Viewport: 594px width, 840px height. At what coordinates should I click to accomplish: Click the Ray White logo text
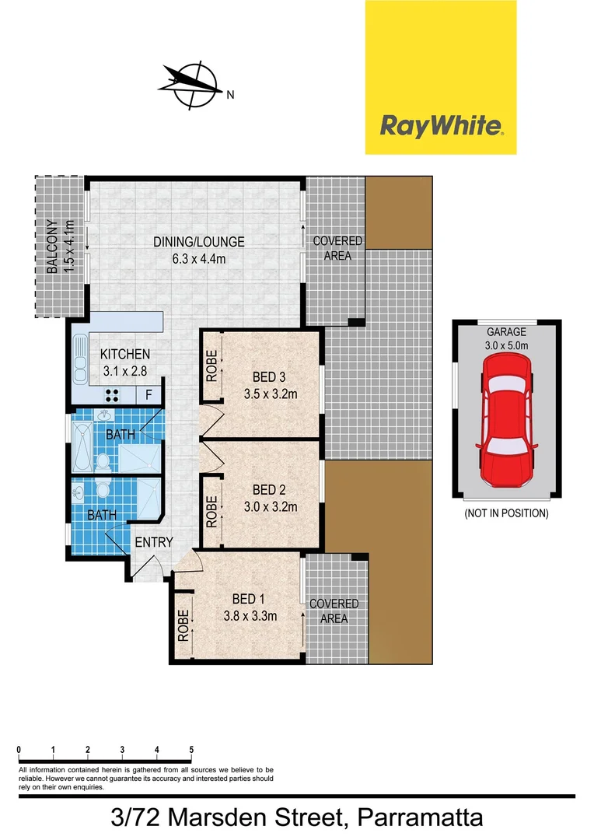pyautogui.click(x=441, y=126)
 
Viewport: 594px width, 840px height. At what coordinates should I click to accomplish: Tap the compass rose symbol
pyautogui.click(x=194, y=83)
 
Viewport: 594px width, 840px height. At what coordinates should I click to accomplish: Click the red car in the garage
pyautogui.click(x=506, y=420)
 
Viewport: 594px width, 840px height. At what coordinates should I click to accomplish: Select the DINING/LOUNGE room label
pyautogui.click(x=199, y=242)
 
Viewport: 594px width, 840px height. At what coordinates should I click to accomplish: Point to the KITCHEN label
pyautogui.click(x=125, y=354)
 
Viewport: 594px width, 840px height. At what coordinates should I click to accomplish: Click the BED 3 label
pyautogui.click(x=264, y=379)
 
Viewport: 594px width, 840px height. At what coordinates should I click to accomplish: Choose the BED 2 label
pyautogui.click(x=264, y=490)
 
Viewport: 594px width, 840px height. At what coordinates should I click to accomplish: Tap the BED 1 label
pyautogui.click(x=249, y=599)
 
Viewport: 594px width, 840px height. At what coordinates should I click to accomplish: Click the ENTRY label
pyautogui.click(x=154, y=542)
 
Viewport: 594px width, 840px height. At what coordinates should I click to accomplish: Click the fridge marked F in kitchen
pyautogui.click(x=148, y=394)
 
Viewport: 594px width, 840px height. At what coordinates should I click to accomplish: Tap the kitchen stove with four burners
pyautogui.click(x=112, y=394)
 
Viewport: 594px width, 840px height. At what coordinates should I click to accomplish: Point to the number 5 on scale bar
pyautogui.click(x=191, y=750)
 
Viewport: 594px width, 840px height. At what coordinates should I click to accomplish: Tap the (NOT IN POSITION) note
pyautogui.click(x=506, y=513)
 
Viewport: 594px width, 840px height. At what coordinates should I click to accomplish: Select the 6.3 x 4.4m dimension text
pyautogui.click(x=199, y=258)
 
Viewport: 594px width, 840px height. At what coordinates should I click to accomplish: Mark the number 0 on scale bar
pyautogui.click(x=18, y=750)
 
